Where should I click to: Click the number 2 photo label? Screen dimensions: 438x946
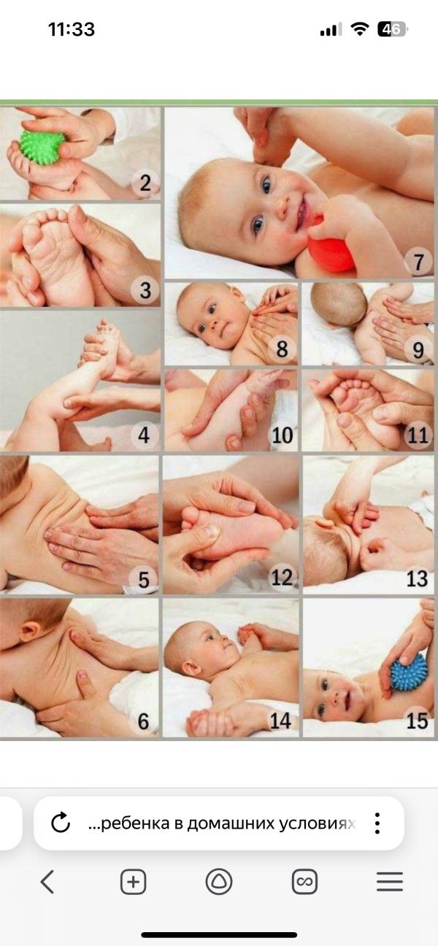pos(145,183)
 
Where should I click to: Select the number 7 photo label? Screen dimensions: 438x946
pos(418,262)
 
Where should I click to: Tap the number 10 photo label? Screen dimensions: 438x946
pos(283,435)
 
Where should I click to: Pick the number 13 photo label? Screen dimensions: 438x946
pos(417,578)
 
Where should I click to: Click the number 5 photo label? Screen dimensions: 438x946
pos(144,579)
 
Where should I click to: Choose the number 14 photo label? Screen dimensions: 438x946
pos(281,721)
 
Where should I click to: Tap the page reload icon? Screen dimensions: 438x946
pos(61,823)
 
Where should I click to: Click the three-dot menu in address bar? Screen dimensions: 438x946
pos(377,823)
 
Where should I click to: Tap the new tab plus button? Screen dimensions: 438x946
pos(133,882)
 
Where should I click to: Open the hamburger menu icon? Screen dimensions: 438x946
pos(389,882)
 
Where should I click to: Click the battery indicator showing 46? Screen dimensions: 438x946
pos(392,29)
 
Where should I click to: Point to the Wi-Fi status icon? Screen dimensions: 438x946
pos(360,29)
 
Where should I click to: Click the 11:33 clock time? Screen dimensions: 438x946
pos(72,30)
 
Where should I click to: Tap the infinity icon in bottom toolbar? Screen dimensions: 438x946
pos(304,882)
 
